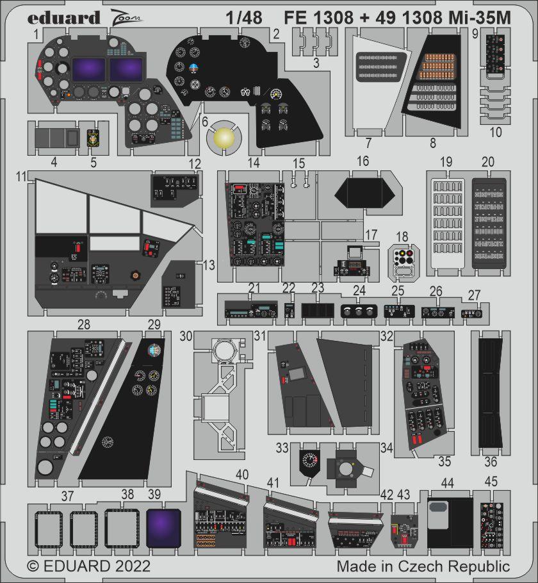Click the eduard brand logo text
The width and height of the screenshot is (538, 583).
[63, 17]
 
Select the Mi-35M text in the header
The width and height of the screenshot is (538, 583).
[478, 18]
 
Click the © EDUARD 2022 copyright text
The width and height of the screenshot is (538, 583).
[88, 566]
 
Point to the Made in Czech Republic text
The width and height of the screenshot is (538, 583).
[423, 566]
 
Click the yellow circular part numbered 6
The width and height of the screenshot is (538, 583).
[223, 137]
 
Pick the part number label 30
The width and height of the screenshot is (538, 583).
[186, 336]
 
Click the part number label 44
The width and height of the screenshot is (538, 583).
[448, 482]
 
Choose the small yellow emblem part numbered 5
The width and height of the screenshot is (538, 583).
[93, 137]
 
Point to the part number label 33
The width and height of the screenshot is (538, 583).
[282, 447]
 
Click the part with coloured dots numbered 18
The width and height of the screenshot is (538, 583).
[403, 260]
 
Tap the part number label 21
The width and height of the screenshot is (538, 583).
[254, 288]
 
